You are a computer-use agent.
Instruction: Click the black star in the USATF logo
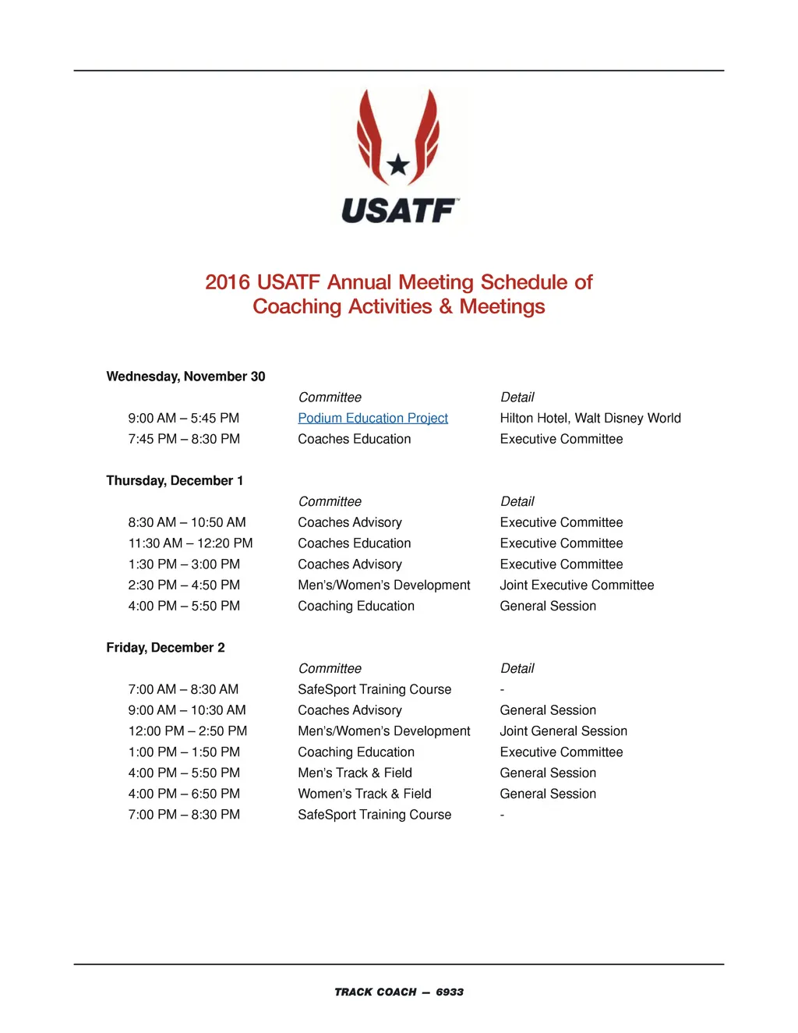click(398, 165)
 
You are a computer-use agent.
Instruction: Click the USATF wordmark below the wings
click(398, 210)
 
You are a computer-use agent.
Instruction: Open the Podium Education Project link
click(373, 419)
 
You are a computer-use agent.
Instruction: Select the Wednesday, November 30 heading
click(185, 377)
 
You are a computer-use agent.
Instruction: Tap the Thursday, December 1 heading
click(175, 481)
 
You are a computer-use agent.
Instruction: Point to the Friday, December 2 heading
click(165, 648)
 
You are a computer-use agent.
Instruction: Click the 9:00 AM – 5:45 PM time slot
click(184, 419)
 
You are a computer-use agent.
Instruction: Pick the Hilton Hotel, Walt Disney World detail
click(590, 419)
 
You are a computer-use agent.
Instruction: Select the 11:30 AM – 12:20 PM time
click(190, 543)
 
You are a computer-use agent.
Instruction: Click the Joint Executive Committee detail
click(577, 585)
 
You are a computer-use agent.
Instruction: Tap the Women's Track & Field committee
click(365, 794)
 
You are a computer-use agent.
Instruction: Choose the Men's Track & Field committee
click(355, 773)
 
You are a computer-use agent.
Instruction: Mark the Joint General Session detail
click(563, 731)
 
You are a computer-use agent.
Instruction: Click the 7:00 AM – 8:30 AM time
click(184, 690)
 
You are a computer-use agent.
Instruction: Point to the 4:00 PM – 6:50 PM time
click(184, 794)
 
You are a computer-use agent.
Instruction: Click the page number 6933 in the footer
click(450, 992)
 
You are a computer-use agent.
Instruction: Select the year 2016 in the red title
click(227, 282)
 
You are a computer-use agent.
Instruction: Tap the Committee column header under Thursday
click(330, 502)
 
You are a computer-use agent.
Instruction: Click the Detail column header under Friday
click(517, 669)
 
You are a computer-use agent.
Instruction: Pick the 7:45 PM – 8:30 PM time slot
click(184, 440)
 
